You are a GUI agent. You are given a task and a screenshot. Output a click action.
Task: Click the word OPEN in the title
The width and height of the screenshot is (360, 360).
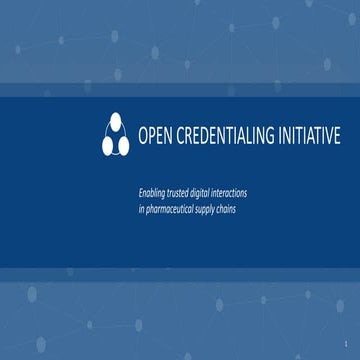click(x=154, y=136)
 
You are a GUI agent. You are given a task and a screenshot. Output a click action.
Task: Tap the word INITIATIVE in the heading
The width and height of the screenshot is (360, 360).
click(x=303, y=136)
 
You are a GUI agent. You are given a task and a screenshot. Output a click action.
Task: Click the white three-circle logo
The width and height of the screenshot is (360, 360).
click(x=115, y=135)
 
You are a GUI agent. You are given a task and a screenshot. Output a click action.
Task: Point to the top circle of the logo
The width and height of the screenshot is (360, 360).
click(x=115, y=122)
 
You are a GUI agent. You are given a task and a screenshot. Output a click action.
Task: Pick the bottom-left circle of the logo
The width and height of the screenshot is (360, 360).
click(x=107, y=146)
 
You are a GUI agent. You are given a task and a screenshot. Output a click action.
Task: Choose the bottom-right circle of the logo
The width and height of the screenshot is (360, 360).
click(x=123, y=146)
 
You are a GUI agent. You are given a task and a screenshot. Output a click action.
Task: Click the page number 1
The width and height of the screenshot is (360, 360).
click(x=343, y=343)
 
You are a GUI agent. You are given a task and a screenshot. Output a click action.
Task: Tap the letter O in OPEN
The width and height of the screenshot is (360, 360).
click(x=141, y=136)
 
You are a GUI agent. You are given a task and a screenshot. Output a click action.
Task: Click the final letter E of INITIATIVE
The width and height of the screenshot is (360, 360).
click(x=336, y=136)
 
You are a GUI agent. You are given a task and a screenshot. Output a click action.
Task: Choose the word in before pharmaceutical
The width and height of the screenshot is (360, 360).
click(x=142, y=208)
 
